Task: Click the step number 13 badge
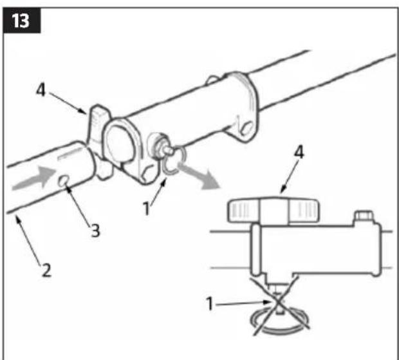(x=22, y=21)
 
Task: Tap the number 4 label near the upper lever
(x=41, y=90)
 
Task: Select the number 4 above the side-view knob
(x=299, y=153)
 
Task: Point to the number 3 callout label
(x=95, y=231)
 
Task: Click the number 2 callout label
(x=46, y=270)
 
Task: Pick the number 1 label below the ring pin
(x=146, y=209)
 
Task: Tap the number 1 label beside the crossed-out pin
(x=210, y=303)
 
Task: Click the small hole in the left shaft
(x=63, y=182)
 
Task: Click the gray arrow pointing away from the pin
(x=199, y=176)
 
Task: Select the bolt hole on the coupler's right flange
(x=247, y=127)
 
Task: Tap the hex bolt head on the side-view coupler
(x=364, y=215)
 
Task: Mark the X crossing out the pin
(x=279, y=305)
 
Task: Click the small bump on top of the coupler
(x=212, y=79)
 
